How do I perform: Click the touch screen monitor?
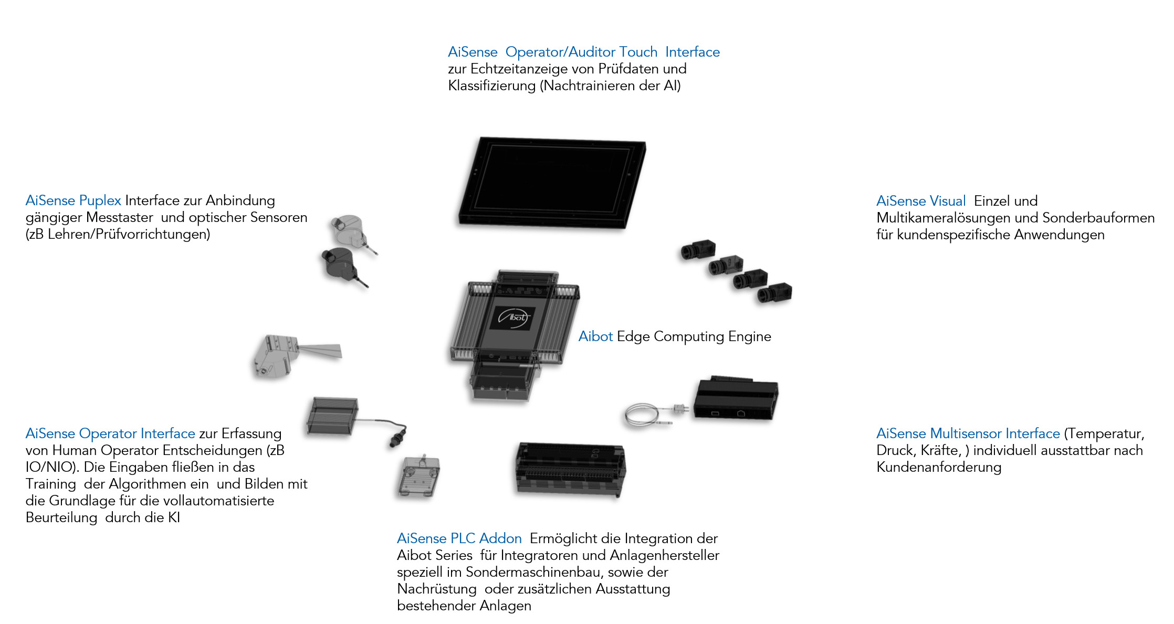click(x=551, y=184)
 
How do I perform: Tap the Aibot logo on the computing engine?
click(x=513, y=318)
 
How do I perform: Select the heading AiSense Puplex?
click(x=74, y=200)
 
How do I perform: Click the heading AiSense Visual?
click(x=921, y=201)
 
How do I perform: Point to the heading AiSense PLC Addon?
click(x=459, y=538)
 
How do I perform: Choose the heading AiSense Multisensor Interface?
click(x=968, y=433)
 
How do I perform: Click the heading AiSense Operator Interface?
click(x=110, y=433)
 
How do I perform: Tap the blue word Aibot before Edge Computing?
click(x=595, y=336)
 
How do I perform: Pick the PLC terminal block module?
click(x=570, y=468)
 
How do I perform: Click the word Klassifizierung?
click(x=491, y=86)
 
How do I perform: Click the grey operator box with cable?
click(x=332, y=416)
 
